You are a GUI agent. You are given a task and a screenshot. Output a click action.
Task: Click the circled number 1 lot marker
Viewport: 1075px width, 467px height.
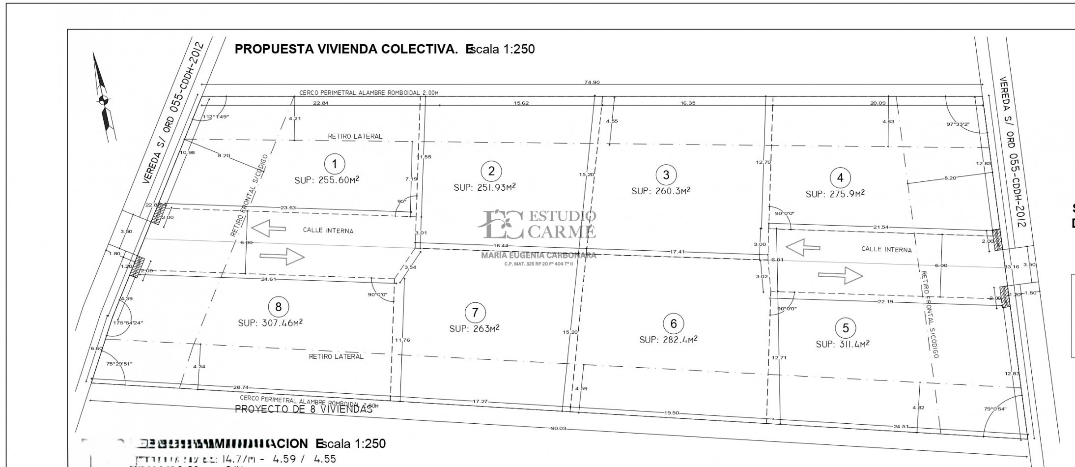tap(335, 163)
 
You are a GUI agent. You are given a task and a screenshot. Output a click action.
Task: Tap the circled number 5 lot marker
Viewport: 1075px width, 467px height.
tap(845, 328)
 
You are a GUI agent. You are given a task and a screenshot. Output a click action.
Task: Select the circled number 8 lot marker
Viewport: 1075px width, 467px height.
tap(278, 307)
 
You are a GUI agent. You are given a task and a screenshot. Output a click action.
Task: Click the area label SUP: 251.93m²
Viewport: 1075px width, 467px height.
tap(484, 187)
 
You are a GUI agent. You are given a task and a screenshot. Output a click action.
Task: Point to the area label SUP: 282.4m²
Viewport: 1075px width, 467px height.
tap(668, 340)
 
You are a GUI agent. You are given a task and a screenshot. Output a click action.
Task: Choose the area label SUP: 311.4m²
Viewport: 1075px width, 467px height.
tap(842, 344)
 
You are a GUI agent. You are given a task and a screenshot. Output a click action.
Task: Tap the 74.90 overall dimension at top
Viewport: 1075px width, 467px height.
tap(592, 83)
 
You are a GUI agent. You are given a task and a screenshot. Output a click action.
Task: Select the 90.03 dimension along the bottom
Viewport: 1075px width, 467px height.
tap(558, 428)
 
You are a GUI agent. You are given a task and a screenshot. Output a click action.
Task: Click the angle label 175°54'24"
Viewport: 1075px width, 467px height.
tap(128, 323)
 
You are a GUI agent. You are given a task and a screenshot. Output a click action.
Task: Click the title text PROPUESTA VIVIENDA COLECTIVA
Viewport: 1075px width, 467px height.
tap(346, 49)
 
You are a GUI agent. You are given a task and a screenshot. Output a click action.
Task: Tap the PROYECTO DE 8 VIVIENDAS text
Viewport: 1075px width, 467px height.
tap(304, 409)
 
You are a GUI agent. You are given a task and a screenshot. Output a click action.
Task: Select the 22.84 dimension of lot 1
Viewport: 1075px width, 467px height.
tap(320, 103)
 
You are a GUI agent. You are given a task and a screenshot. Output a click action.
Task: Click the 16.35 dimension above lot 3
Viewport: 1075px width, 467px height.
tap(687, 103)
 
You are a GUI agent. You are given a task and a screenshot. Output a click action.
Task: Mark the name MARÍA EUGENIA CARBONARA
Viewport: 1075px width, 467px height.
tap(538, 255)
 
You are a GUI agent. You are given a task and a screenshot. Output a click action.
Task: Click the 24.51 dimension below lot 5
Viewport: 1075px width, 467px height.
tap(901, 426)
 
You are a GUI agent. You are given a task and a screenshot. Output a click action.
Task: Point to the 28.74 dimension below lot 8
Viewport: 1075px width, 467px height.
tap(240, 387)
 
